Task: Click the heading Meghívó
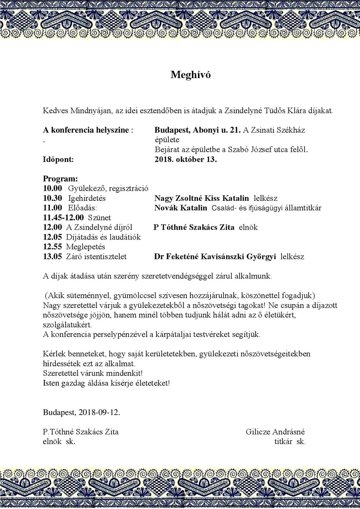click(190, 75)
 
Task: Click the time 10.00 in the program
click(52, 188)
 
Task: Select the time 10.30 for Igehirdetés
click(52, 198)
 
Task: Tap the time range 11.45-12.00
click(63, 217)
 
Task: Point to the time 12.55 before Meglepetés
click(52, 247)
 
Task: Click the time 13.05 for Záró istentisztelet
click(52, 257)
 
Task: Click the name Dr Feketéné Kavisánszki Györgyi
click(215, 257)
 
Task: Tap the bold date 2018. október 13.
click(185, 160)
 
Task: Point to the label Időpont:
click(58, 160)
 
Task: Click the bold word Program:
click(60, 178)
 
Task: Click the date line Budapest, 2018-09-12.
click(82, 413)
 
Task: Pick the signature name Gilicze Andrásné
click(275, 431)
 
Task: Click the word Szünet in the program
click(99, 217)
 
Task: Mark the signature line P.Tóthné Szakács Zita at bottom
click(81, 431)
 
